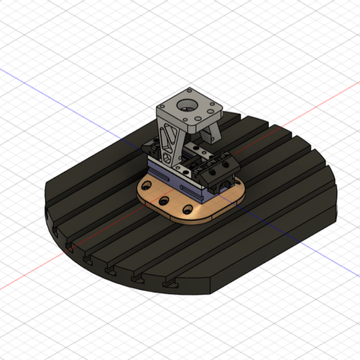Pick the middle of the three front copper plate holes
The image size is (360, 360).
coord(163,201)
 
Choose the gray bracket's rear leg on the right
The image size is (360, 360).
coord(215,131)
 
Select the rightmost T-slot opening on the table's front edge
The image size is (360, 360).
coord(168,283)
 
